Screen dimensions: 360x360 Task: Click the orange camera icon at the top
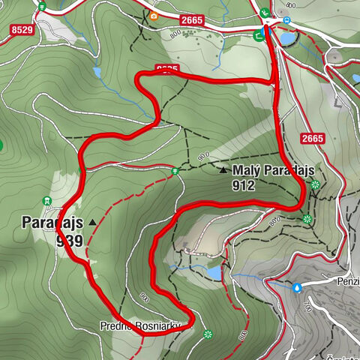click(x=154, y=16)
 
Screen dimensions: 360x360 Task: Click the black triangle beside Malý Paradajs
click(x=223, y=170)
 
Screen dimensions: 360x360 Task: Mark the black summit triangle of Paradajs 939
click(x=93, y=222)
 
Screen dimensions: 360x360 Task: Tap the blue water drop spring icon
click(x=298, y=286)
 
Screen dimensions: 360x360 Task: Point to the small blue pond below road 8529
click(x=97, y=73)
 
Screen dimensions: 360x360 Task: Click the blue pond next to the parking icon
click(x=287, y=37)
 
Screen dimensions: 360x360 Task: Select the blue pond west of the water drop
click(x=215, y=273)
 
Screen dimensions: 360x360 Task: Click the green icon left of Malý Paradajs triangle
click(x=175, y=171)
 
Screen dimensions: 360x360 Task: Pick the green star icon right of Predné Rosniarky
click(x=208, y=334)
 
